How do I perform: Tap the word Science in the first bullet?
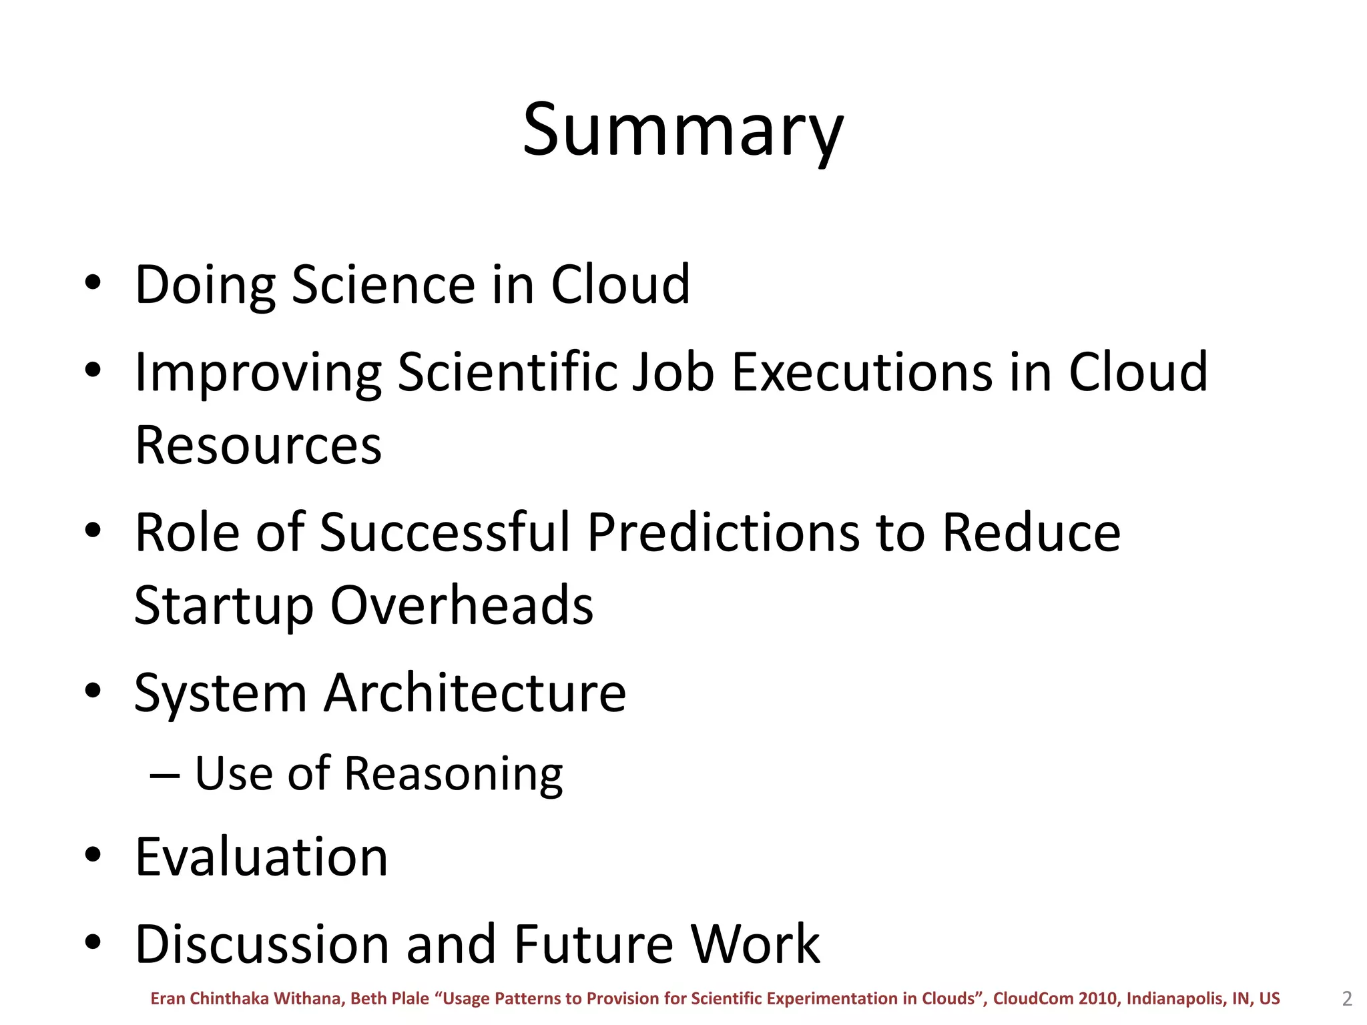coord(384,285)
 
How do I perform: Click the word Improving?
coord(258,373)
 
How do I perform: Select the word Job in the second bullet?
coord(673,372)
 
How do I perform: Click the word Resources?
coord(258,446)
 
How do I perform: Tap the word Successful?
coord(445,533)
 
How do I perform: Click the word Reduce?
coord(1031,533)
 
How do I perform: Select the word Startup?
coord(224,606)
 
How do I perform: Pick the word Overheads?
coord(462,605)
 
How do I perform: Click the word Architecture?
coord(475,693)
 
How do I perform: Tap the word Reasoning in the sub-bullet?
coord(453,774)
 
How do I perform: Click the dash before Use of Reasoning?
coord(164,775)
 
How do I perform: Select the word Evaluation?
coord(261,857)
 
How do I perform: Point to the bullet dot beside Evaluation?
coord(93,855)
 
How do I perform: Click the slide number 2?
coord(1346,999)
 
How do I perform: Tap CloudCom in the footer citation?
coord(1033,999)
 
